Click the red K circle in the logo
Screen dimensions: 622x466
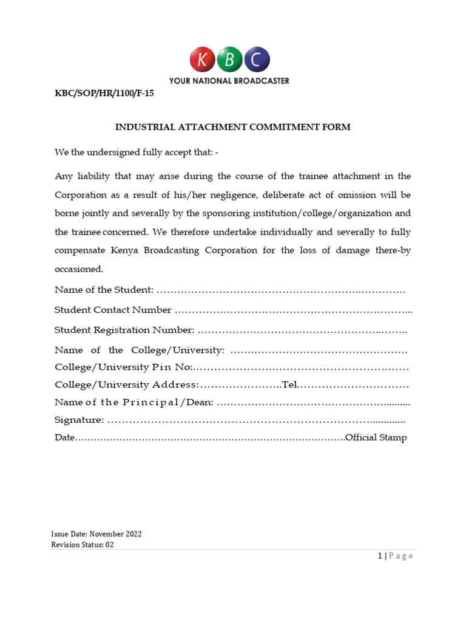coord(203,60)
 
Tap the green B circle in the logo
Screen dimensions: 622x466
coord(230,60)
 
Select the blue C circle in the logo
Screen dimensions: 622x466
coord(257,60)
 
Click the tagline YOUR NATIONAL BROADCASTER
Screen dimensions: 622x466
coord(229,81)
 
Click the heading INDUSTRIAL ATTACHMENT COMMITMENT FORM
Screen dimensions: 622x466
coord(233,128)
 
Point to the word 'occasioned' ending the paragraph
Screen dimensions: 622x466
coord(79,269)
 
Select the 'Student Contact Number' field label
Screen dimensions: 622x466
coord(113,310)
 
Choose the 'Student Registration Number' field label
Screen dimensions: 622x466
coord(124,330)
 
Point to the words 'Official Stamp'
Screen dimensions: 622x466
coord(376,438)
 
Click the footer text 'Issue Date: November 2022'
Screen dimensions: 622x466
coord(96,534)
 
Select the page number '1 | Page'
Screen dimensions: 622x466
coord(394,556)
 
